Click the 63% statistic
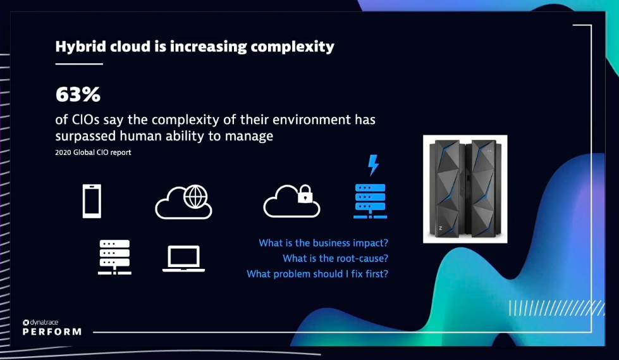78,94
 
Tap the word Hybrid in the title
80,47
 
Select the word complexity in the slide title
292,47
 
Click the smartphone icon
92,201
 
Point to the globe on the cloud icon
195,196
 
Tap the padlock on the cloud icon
305,194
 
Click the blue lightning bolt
373,164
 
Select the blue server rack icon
371,201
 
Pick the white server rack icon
114,257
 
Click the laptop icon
183,259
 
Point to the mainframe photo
465,189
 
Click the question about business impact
323,242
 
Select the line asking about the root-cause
335,258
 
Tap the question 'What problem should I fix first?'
317,273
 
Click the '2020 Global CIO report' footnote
93,152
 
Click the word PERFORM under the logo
52,332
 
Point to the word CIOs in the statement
85,120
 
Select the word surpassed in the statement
85,136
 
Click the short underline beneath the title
79,64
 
